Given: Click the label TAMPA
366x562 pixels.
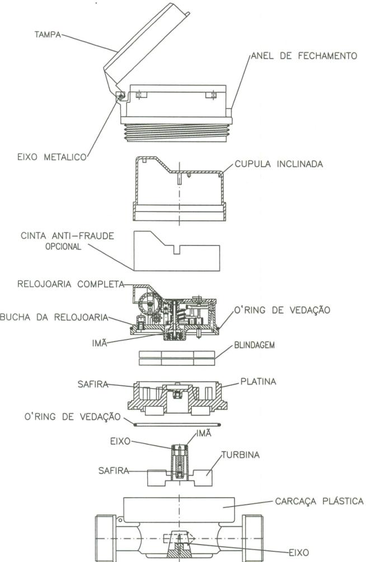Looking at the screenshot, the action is (48, 35).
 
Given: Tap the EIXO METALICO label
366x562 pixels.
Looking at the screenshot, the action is (52, 157).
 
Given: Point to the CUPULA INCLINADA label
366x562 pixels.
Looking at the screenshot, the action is (279, 164).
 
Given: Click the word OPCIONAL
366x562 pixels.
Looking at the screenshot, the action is (63, 247).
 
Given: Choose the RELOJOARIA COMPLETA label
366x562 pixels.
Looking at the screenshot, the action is (71, 284).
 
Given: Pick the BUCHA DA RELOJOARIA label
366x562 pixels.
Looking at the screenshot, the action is (54, 317).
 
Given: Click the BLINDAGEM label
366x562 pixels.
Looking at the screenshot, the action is (255, 346).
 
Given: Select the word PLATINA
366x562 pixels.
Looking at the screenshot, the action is (259, 381).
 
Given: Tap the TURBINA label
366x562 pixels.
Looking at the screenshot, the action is (241, 455).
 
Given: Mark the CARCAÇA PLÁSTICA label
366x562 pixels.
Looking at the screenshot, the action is (320, 500).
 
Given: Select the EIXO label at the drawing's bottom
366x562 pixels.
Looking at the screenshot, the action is (298, 552).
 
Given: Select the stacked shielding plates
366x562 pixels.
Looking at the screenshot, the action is (177, 358).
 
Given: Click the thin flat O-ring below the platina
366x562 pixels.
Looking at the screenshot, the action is (176, 424).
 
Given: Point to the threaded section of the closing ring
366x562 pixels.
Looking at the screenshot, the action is (176, 133).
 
